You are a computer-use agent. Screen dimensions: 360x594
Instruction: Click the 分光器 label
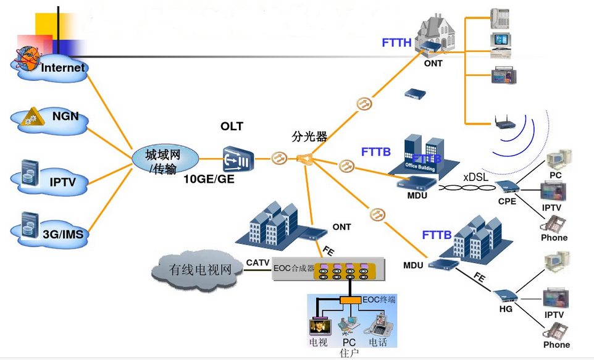click(309, 136)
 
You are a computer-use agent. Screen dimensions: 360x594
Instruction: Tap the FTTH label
click(396, 43)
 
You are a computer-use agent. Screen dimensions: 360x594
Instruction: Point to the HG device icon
click(506, 295)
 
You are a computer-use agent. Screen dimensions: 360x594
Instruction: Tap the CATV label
click(257, 263)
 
